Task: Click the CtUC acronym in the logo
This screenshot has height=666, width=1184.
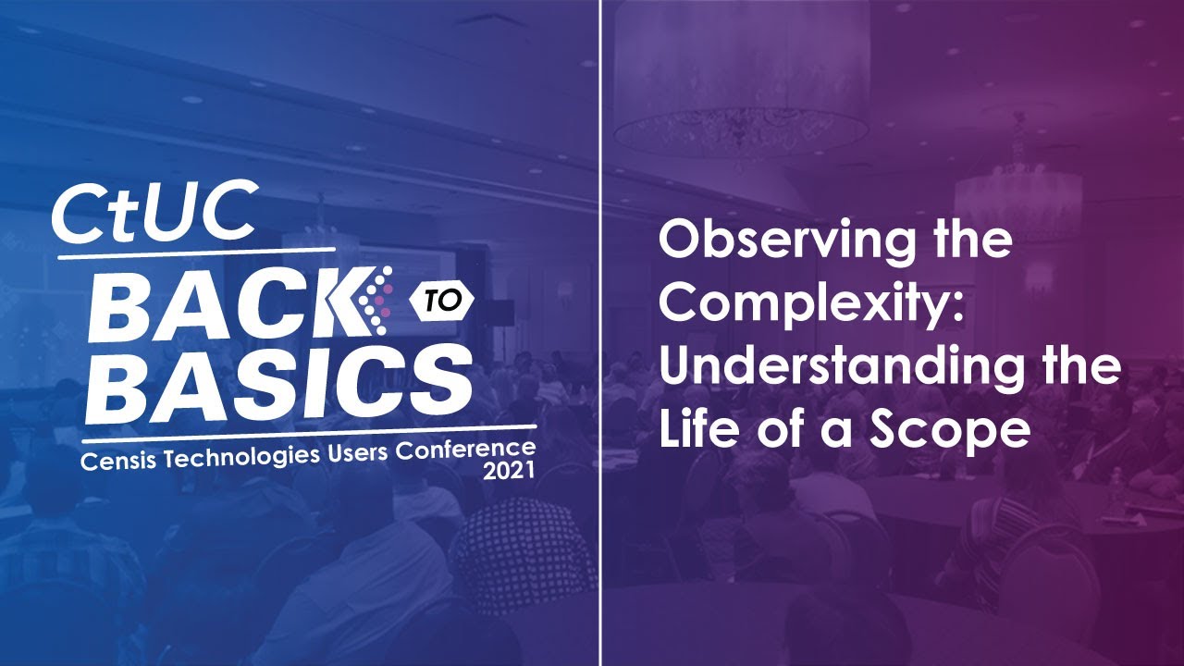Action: pyautogui.click(x=154, y=212)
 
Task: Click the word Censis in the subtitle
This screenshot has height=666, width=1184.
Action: pyautogui.click(x=117, y=460)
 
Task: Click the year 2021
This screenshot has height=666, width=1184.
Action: pyautogui.click(x=510, y=472)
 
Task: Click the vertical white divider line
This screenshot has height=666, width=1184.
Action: pyautogui.click(x=601, y=333)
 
